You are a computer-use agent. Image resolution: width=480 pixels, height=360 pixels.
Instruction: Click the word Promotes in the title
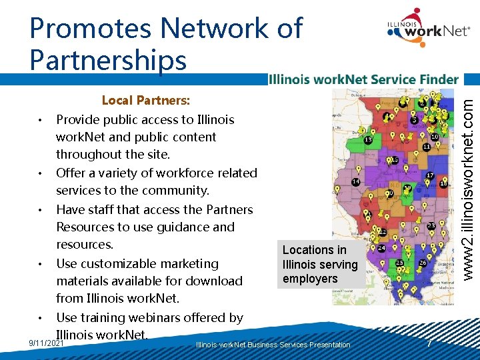pos(89,29)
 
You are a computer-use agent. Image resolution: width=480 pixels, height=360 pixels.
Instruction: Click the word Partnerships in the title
pos(108,60)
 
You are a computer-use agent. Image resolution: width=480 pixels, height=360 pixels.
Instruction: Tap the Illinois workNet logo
pos(427,30)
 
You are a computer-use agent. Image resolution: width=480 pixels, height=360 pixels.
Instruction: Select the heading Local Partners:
pos(145,101)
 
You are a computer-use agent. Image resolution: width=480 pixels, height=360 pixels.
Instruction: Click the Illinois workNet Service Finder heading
pos(363,79)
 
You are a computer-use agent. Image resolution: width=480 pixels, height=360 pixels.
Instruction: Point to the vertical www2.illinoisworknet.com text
pos(469,186)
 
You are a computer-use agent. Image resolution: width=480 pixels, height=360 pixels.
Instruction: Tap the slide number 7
pos(430,343)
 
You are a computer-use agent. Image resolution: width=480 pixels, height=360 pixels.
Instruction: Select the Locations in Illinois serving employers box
pos(321,264)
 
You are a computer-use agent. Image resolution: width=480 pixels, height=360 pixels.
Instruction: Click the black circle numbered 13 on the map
pos(368,141)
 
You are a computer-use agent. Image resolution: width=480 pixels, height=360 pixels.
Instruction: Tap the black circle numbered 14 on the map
pos(356,181)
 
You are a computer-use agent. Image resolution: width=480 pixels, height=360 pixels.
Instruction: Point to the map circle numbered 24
pos(381,249)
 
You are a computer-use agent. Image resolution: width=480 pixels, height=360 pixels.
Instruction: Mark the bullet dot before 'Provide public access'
pos(41,121)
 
